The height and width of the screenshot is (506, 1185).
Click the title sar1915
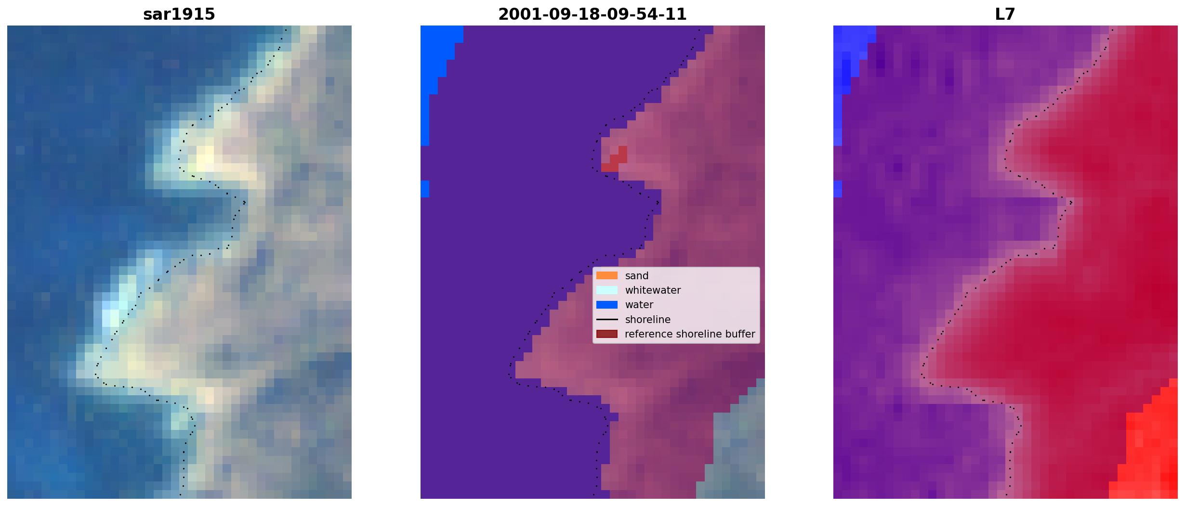click(x=179, y=14)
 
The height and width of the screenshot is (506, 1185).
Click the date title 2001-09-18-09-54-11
click(x=592, y=14)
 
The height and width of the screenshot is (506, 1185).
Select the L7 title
click(x=1005, y=14)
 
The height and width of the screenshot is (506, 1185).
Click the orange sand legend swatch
click(x=607, y=276)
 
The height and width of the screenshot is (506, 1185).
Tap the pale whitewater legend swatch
click(x=607, y=290)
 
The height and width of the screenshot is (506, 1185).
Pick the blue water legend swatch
click(x=607, y=305)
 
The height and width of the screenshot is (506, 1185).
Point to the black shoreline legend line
click(x=607, y=320)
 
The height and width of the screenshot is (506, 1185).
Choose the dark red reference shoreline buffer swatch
click(x=607, y=334)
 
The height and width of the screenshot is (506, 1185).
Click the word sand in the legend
click(x=637, y=276)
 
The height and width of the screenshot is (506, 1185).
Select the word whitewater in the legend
click(x=653, y=290)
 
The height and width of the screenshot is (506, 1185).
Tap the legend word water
click(x=639, y=305)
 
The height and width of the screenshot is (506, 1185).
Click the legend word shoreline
click(x=648, y=320)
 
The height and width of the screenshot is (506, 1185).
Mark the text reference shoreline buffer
click(x=690, y=334)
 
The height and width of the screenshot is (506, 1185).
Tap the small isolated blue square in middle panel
click(x=425, y=189)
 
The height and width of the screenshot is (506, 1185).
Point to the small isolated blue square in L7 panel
click(x=838, y=189)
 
